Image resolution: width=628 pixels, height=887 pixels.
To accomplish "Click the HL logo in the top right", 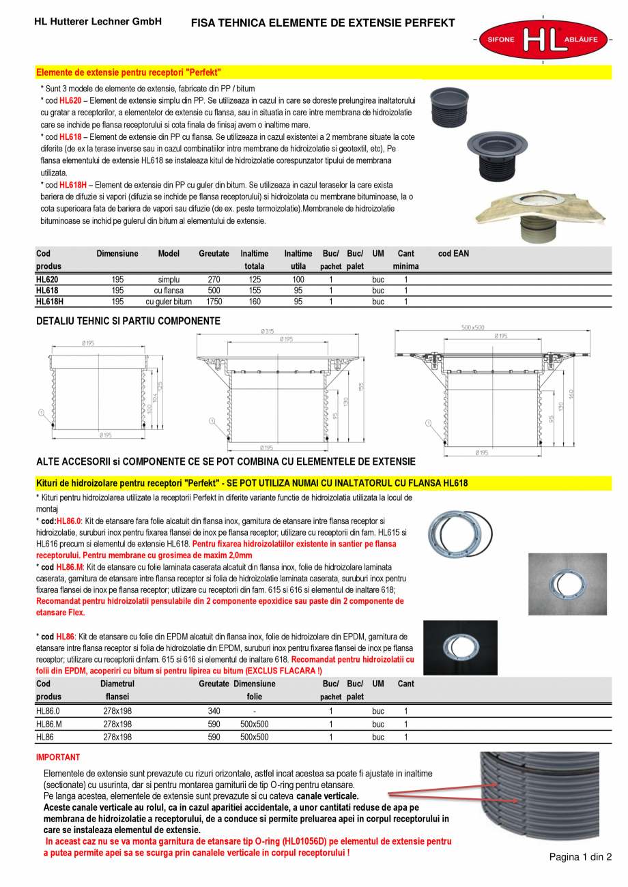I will tap(543, 40).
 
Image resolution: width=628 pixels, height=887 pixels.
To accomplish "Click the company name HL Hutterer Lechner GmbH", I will tap(98, 22).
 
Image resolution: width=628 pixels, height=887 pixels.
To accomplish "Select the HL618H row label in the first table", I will tap(49, 301).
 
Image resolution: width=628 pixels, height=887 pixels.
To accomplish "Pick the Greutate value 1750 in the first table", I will tap(214, 301).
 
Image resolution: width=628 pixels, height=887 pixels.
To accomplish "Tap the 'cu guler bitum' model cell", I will tap(169, 301).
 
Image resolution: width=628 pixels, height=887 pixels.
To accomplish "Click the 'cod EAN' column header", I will tap(453, 254).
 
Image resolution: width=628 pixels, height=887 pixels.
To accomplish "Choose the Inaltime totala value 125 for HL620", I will tap(255, 280).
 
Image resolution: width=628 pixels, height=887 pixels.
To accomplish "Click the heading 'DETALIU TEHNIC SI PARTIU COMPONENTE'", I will tap(128, 321).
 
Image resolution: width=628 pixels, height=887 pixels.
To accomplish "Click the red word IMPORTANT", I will tap(58, 757).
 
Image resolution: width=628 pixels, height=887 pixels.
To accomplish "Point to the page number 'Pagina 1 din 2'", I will tap(581, 858).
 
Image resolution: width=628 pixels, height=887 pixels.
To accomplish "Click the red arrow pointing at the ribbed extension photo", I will tap(430, 790).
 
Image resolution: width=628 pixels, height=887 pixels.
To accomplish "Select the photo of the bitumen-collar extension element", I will tap(541, 211).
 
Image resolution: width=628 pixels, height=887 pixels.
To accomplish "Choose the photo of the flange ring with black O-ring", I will tap(460, 527).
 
